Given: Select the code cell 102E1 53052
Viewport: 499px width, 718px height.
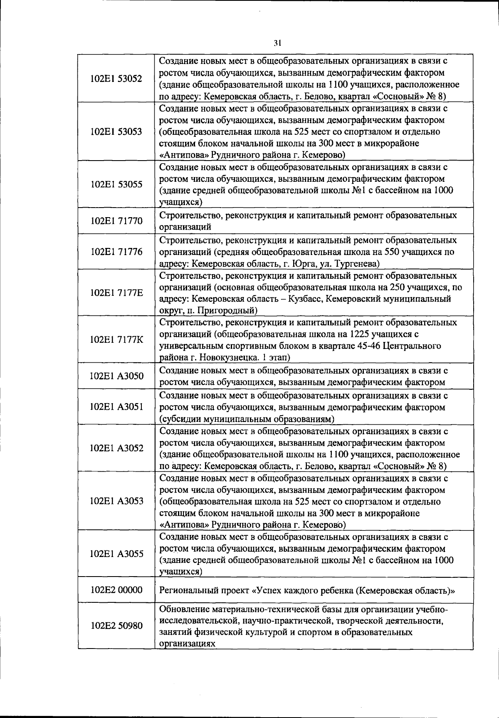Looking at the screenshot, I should point(116,79).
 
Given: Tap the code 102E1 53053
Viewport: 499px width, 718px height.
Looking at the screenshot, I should point(116,132).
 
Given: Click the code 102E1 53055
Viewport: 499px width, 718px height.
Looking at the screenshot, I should point(116,185).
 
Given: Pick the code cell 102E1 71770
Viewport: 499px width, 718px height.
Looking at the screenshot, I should point(116,221).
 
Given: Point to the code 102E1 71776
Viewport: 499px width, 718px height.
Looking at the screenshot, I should point(116,252).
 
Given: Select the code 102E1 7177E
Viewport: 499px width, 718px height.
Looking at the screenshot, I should point(116,293).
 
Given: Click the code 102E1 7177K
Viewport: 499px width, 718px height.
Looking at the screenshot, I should point(116,340).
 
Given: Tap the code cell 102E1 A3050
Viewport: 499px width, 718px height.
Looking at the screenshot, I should point(116,376).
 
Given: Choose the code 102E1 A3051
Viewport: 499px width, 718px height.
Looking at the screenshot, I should point(116,407).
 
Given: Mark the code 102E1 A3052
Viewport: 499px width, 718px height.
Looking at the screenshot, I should point(116,448).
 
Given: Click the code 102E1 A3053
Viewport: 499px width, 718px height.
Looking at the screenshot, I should point(116,501).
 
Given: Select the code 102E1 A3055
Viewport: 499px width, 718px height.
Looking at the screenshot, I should point(116,554).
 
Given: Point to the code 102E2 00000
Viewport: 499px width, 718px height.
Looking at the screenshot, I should point(116,590).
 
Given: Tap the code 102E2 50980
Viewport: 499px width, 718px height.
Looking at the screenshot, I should point(116,626).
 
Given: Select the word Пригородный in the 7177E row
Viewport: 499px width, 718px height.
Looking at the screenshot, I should point(231,310).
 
